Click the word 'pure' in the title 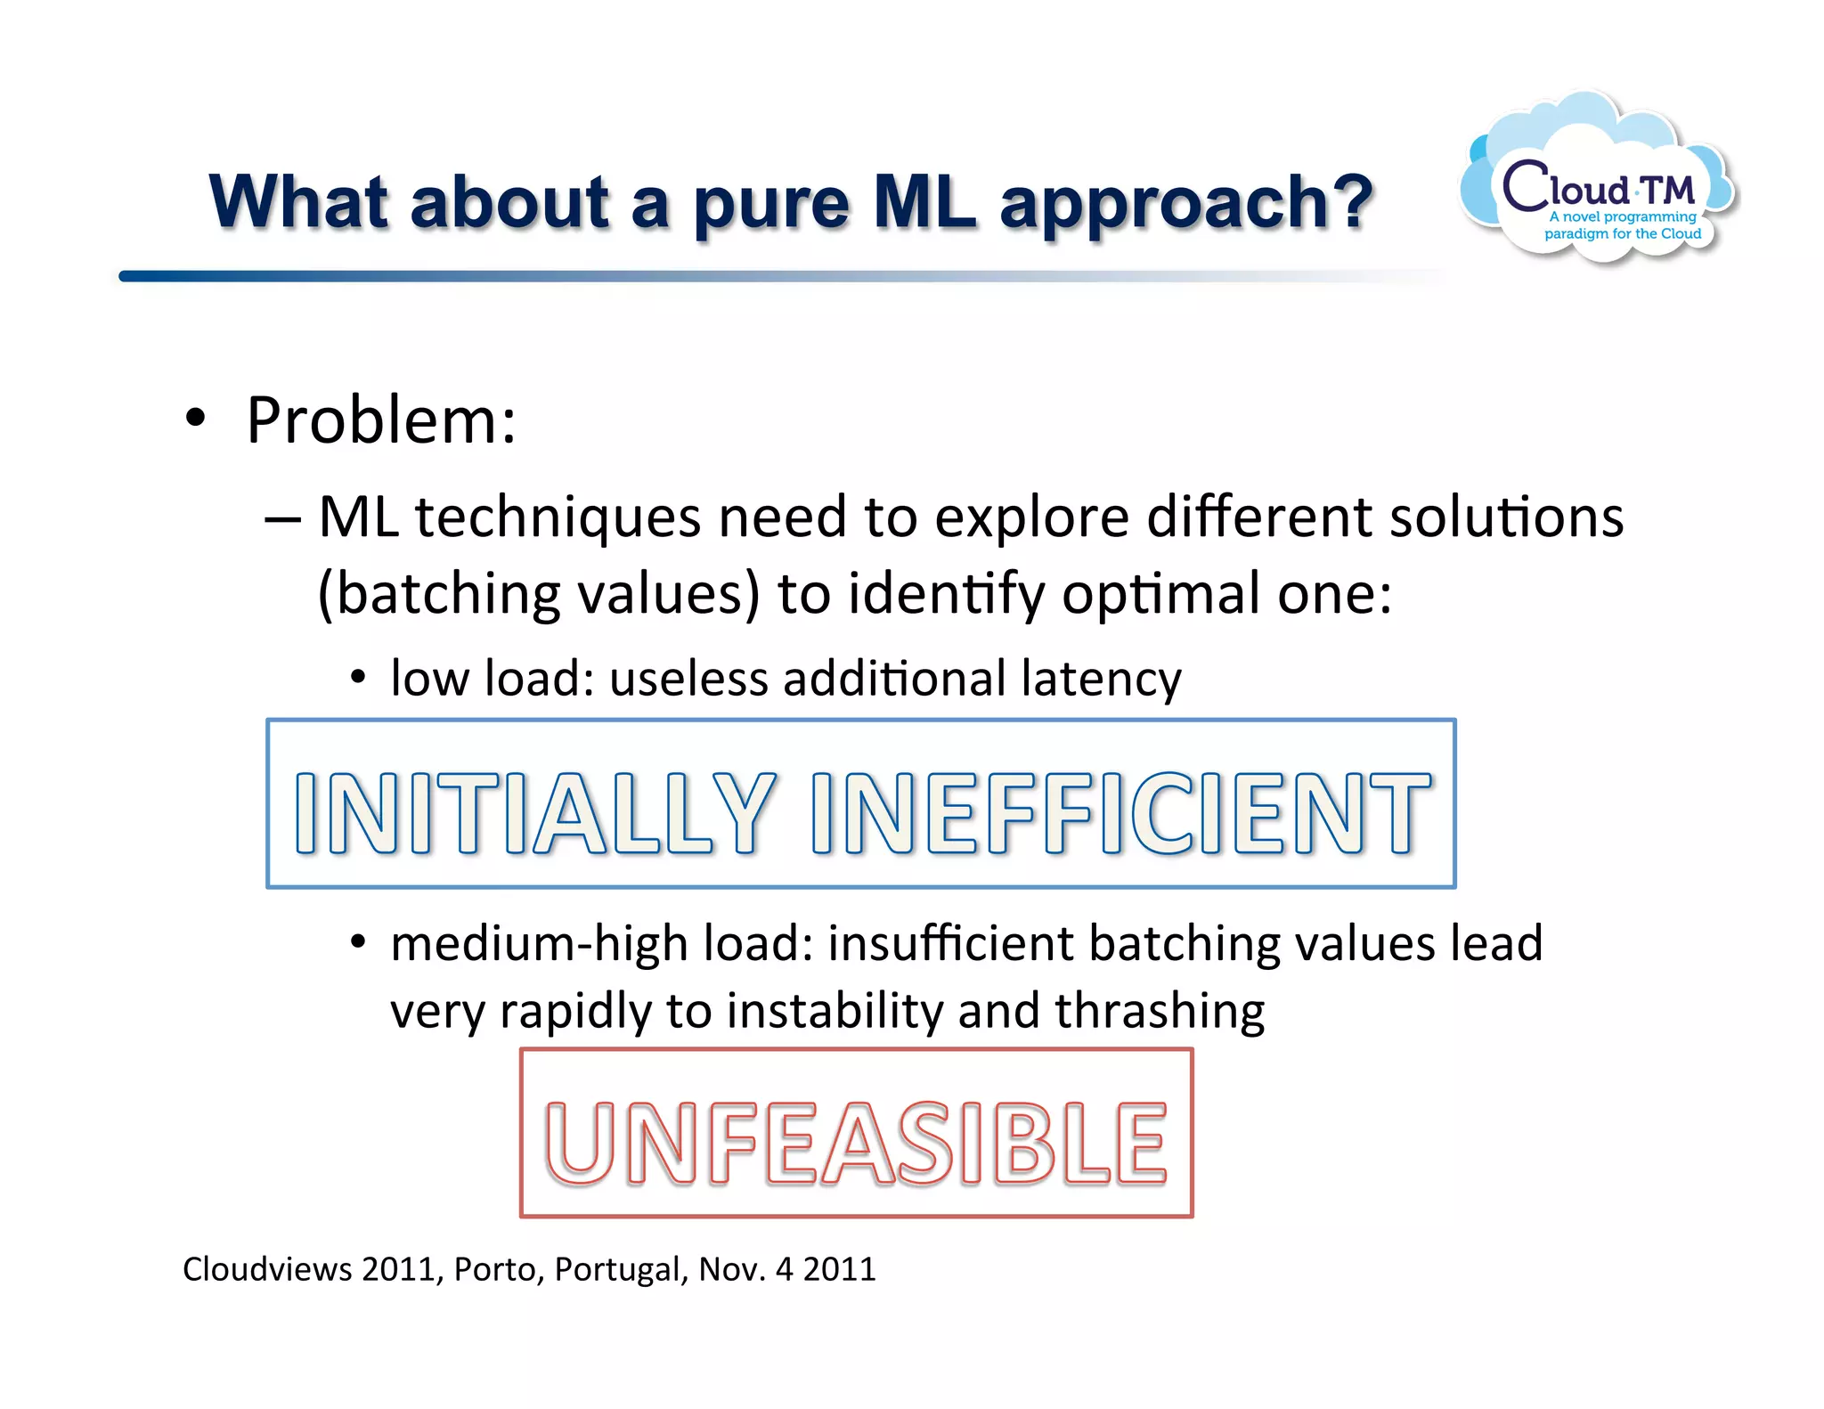[x=770, y=203]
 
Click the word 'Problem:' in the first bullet [x=381, y=420]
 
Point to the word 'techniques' [x=558, y=518]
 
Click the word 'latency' [x=1102, y=680]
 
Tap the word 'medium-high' [x=538, y=944]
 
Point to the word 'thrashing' [x=1160, y=1012]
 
